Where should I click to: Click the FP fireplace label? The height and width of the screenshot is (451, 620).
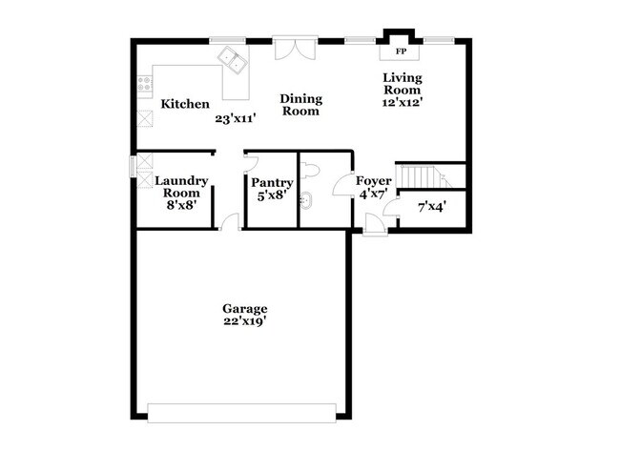click(x=402, y=51)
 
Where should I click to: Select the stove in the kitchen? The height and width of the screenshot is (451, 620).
click(x=145, y=84)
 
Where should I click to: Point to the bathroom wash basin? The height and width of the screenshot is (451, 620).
click(x=306, y=201)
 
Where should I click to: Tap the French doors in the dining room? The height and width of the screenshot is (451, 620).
click(x=295, y=48)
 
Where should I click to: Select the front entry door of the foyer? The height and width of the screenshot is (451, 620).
click(x=376, y=225)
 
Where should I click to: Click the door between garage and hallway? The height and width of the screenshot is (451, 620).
click(x=229, y=223)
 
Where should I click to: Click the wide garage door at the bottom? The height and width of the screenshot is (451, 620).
click(x=242, y=412)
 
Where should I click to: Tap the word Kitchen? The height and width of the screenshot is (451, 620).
click(x=185, y=104)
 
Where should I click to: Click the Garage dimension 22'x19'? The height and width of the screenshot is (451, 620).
click(x=244, y=322)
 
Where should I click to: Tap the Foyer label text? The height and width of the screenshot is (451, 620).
click(x=374, y=180)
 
